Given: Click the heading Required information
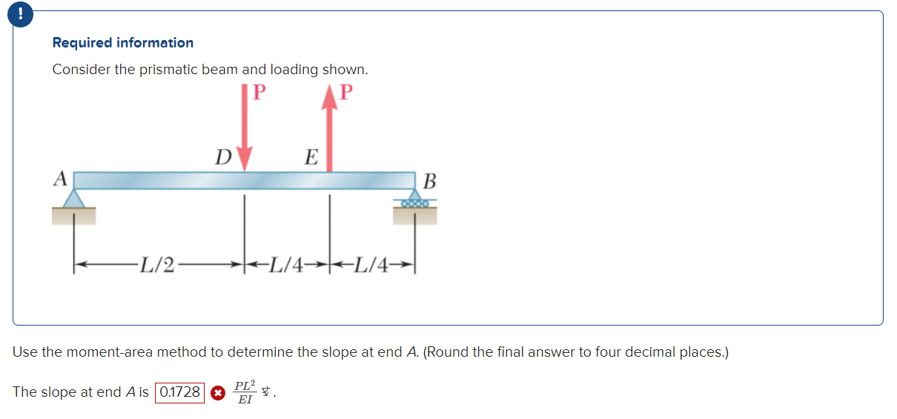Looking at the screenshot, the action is tap(123, 43).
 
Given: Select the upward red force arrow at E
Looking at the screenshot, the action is tap(329, 126).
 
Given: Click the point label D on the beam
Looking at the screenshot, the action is tap(222, 156).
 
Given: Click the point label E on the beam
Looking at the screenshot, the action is tap(311, 156).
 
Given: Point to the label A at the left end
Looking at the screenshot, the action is tap(60, 179).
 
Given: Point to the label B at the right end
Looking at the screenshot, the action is tap(431, 181).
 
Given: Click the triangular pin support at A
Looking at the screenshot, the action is tap(73, 199).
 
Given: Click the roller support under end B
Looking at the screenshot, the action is tap(414, 202).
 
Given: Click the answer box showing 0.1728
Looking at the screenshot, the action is tap(180, 392).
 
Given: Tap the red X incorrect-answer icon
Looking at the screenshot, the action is tap(217, 393).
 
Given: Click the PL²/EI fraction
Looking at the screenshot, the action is tap(245, 392).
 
